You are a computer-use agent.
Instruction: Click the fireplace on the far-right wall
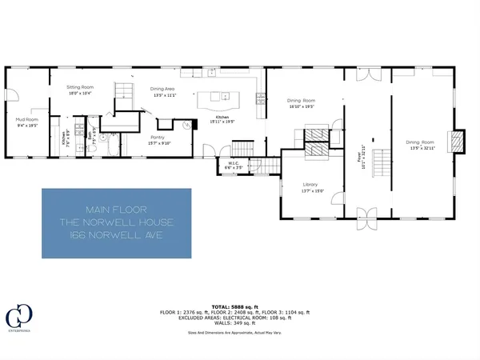click(x=457, y=142)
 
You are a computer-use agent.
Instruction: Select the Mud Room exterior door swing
click(x=14, y=98)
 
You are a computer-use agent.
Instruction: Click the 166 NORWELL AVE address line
click(x=116, y=236)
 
